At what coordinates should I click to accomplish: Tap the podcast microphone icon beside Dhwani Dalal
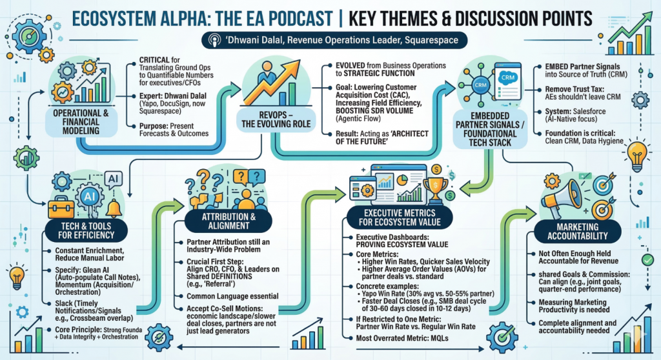coord(215,41)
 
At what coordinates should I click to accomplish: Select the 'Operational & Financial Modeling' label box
coord(81,122)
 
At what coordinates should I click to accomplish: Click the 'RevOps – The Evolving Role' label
coord(276,120)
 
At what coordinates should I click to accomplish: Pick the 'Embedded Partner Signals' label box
coord(490,129)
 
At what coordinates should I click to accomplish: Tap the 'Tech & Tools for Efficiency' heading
coord(86,230)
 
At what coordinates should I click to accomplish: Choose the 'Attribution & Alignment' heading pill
coord(228,221)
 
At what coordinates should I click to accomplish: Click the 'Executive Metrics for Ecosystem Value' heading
coord(399,217)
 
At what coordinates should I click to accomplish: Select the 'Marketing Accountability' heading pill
coord(578,232)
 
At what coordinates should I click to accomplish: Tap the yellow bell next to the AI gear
coord(114,208)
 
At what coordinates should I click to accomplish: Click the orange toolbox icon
coord(61,207)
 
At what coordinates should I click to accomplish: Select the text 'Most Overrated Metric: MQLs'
coord(402,338)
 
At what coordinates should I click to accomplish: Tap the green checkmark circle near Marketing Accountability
coord(647,259)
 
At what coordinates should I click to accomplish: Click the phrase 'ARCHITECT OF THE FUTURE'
coord(382,137)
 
